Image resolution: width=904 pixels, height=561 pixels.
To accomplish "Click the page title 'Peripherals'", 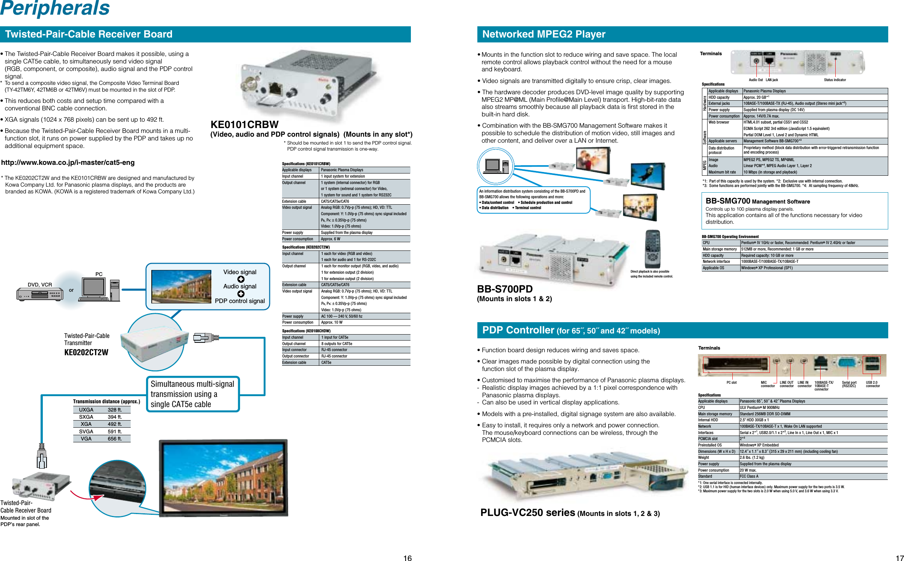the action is [x=55, y=8].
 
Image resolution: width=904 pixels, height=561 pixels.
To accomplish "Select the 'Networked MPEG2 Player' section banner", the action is [x=543, y=34].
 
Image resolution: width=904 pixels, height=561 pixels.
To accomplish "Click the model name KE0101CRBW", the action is [x=244, y=125].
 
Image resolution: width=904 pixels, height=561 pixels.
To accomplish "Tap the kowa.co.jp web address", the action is [x=68, y=163].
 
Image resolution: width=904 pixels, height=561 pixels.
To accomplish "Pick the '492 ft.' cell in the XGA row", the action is [x=115, y=424].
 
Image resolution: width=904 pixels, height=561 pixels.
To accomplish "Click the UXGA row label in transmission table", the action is [x=86, y=410].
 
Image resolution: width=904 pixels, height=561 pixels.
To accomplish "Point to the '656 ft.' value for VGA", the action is [x=115, y=439].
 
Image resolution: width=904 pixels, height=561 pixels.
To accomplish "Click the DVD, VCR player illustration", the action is [x=40, y=294].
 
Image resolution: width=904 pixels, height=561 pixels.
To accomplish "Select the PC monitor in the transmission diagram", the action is [x=94, y=288].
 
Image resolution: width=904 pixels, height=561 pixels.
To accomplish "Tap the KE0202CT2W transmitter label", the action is [x=86, y=352].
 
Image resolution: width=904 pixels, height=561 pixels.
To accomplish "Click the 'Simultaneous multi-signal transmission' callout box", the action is [x=193, y=394].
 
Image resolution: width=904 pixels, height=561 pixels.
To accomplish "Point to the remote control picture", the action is [x=652, y=249].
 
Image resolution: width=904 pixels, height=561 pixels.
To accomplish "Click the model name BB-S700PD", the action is [x=505, y=289].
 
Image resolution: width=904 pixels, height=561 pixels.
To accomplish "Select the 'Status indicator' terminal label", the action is [x=835, y=80].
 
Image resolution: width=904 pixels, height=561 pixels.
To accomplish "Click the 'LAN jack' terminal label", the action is [x=772, y=80].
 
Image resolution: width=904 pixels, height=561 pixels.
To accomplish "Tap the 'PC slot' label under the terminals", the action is [x=731, y=383].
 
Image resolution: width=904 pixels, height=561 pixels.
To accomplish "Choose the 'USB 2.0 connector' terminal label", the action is [x=872, y=384].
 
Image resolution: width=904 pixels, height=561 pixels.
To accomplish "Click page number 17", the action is [x=899, y=558].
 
